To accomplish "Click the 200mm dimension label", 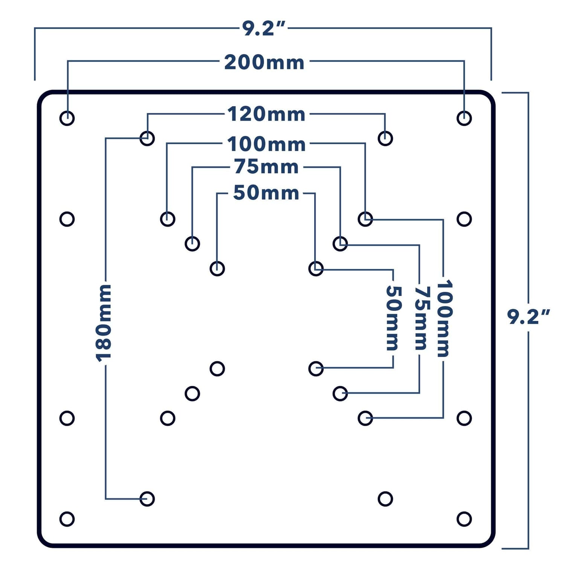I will point(264,62).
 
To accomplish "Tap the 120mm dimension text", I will point(266,114).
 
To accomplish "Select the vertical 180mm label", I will point(103,323).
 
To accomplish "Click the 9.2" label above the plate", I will point(264,29).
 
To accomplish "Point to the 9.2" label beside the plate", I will point(528,317).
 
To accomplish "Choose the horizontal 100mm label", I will point(266,144).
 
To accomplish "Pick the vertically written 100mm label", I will point(444,318).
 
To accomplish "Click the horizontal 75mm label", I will point(266,167).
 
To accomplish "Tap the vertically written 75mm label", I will point(421,318).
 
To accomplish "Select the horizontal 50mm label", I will point(266,193).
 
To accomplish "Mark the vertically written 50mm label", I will point(394,318).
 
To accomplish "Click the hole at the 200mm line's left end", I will point(67,118).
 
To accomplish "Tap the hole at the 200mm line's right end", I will point(464,118).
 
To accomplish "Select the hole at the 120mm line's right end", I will point(385,138).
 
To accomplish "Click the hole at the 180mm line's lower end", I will point(147,499).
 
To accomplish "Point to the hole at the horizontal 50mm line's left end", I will point(217,269).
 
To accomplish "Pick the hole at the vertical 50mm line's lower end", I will point(316,369).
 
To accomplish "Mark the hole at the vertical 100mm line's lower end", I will point(365,418).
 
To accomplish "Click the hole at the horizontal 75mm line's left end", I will point(192,244).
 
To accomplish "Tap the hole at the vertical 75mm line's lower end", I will point(340,394).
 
